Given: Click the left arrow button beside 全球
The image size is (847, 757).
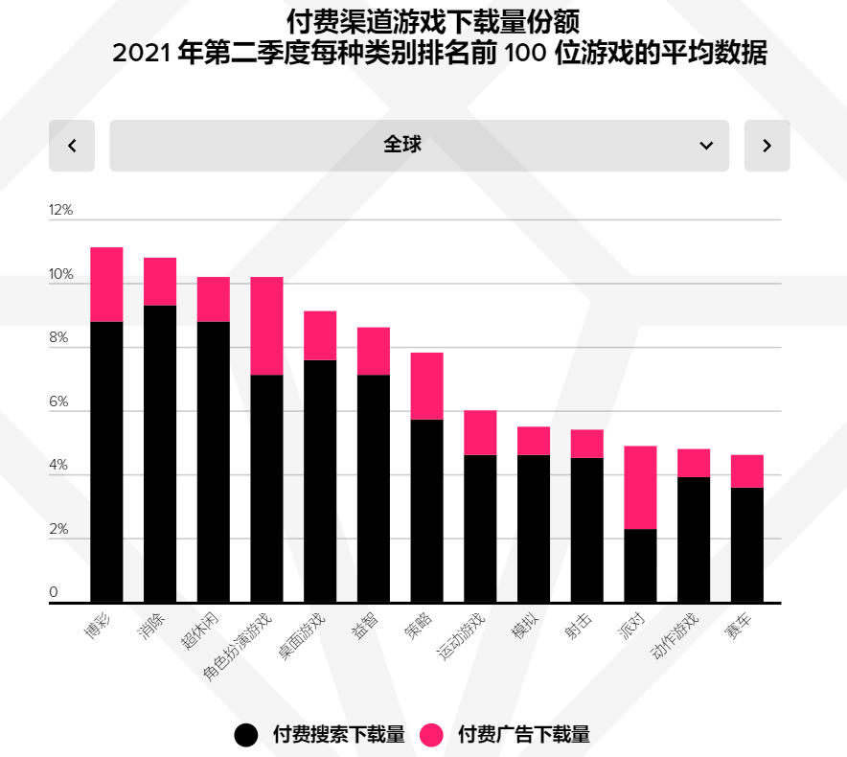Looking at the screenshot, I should point(72,146).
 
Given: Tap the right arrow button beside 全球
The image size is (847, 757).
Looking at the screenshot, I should point(767,146).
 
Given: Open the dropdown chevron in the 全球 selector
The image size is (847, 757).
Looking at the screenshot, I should point(706,146).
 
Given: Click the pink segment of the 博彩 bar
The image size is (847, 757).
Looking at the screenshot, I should point(106,285).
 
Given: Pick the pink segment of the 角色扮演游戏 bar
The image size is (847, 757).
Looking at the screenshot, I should point(266,326).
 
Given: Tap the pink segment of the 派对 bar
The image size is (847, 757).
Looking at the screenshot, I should point(640,487).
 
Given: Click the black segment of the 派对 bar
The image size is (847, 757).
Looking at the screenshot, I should point(640,565).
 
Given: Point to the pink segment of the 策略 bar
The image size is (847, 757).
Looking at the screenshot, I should point(426,385).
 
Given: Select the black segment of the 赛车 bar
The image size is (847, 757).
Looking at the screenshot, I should point(746,544).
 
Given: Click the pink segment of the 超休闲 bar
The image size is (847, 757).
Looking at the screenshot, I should point(213,299).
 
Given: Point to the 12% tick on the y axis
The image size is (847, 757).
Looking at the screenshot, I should point(61,211).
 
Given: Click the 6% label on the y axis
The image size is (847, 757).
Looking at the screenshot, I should point(59,402).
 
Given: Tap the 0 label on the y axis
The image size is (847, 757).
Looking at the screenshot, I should point(54,592).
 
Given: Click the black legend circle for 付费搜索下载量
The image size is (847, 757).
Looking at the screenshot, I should point(246,735).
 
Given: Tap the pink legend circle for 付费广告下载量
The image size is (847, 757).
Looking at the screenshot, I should point(432,735).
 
